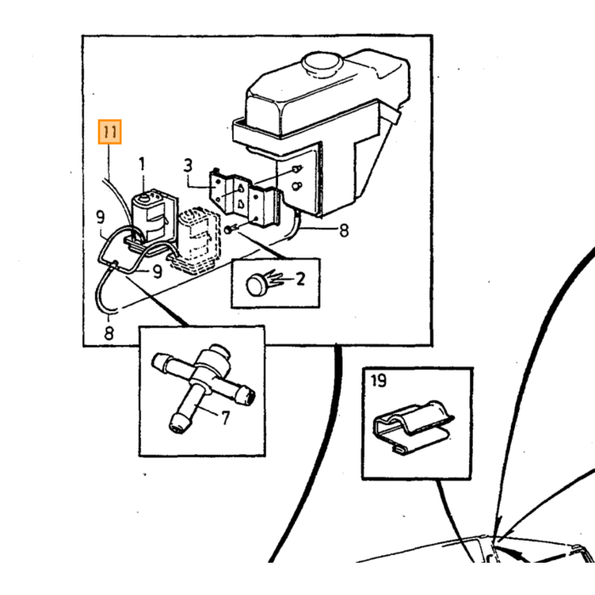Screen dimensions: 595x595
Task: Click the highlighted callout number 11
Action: click(110, 132)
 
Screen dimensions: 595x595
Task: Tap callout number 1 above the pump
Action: click(142, 164)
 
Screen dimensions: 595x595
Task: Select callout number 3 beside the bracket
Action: click(188, 166)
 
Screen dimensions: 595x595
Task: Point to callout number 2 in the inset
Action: click(300, 279)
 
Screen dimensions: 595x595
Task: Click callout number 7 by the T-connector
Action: click(225, 418)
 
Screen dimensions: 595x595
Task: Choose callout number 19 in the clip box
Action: click(378, 380)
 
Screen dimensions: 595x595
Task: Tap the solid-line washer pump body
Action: click(152, 216)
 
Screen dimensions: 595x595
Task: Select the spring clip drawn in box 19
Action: click(414, 427)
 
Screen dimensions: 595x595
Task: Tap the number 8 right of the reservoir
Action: click(343, 230)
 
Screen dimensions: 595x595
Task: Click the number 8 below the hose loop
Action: click(109, 333)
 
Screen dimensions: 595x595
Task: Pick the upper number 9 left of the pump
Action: click(100, 217)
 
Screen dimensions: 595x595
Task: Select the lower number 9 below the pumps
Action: click(157, 272)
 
